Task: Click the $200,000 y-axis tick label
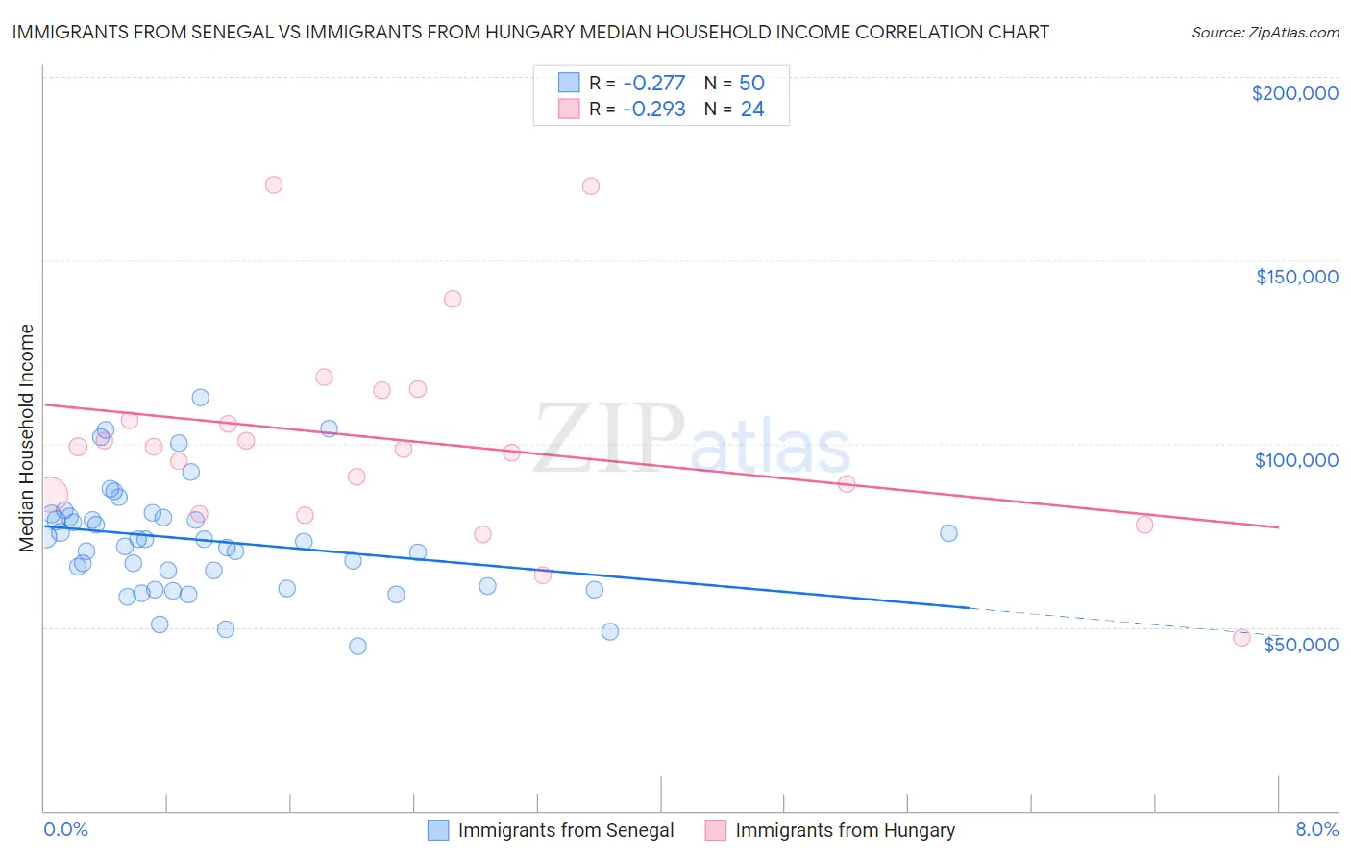pyautogui.click(x=1294, y=93)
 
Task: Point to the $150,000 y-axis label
pyautogui.click(x=1296, y=277)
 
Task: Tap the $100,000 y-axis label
pyautogui.click(x=1296, y=460)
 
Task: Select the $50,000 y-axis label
pyautogui.click(x=1300, y=645)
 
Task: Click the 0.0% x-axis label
pyautogui.click(x=65, y=829)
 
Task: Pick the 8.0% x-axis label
pyautogui.click(x=1316, y=829)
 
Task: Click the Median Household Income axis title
pyautogui.click(x=26, y=437)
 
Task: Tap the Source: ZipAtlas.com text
pyautogui.click(x=1265, y=32)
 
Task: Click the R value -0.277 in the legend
pyautogui.click(x=653, y=84)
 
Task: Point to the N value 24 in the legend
pyautogui.click(x=752, y=110)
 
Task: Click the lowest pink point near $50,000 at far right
pyautogui.click(x=1241, y=638)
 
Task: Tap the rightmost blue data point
pyautogui.click(x=948, y=533)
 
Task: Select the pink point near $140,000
pyautogui.click(x=453, y=299)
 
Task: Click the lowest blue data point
pyautogui.click(x=357, y=646)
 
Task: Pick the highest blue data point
pyautogui.click(x=200, y=398)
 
